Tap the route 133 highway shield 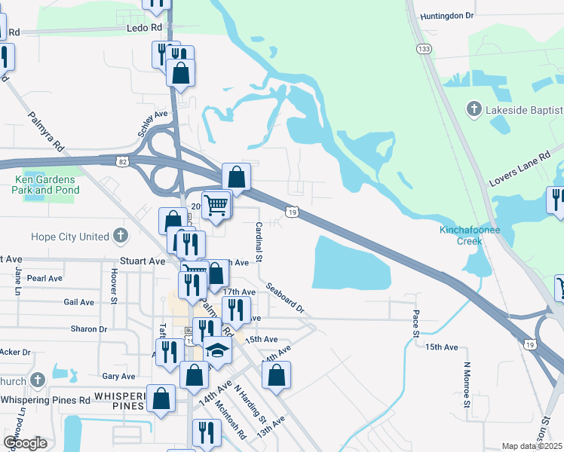[425, 48]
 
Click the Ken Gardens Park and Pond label [45, 185]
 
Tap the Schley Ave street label [152, 124]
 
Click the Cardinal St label [258, 241]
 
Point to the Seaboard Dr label [284, 298]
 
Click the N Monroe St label [466, 388]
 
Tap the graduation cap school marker [218, 350]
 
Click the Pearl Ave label [44, 278]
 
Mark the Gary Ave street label [118, 376]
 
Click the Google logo [25, 443]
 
